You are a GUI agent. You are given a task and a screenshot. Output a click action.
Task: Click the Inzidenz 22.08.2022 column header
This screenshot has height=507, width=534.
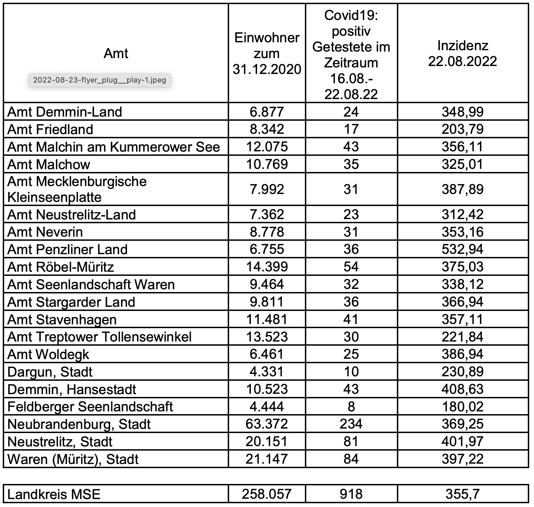tap(462, 54)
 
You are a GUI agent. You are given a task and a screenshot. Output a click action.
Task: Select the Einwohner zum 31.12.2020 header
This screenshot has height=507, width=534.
tap(267, 54)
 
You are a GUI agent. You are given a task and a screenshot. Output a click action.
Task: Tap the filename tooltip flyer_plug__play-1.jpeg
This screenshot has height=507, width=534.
tap(100, 80)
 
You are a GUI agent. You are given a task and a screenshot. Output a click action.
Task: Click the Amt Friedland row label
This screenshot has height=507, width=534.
tap(50, 129)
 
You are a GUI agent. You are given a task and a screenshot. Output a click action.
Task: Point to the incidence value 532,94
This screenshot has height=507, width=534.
tap(462, 249)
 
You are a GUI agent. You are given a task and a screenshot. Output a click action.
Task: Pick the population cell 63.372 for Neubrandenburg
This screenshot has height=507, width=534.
tap(267, 424)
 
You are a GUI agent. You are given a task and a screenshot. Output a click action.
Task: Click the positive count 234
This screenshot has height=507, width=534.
tap(351, 424)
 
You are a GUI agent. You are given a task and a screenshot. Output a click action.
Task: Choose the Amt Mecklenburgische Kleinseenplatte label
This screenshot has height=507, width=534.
tap(77, 189)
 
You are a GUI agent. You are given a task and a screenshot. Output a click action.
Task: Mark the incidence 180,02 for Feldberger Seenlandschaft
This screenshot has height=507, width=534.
tap(462, 407)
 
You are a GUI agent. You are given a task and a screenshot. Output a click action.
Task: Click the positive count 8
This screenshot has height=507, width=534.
tap(351, 407)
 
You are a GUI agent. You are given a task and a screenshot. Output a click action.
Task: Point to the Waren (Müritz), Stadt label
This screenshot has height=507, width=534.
tap(73, 459)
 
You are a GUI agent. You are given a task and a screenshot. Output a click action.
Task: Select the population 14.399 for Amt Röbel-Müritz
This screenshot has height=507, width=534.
tap(267, 267)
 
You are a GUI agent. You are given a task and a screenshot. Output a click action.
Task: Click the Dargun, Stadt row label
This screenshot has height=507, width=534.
tap(50, 372)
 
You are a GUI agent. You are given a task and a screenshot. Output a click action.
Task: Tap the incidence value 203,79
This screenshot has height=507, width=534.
tap(462, 129)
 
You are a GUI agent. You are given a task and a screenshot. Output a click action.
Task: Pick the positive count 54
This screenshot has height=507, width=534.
tap(351, 267)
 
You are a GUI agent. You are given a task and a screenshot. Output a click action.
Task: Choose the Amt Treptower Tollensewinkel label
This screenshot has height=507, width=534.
tap(100, 337)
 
